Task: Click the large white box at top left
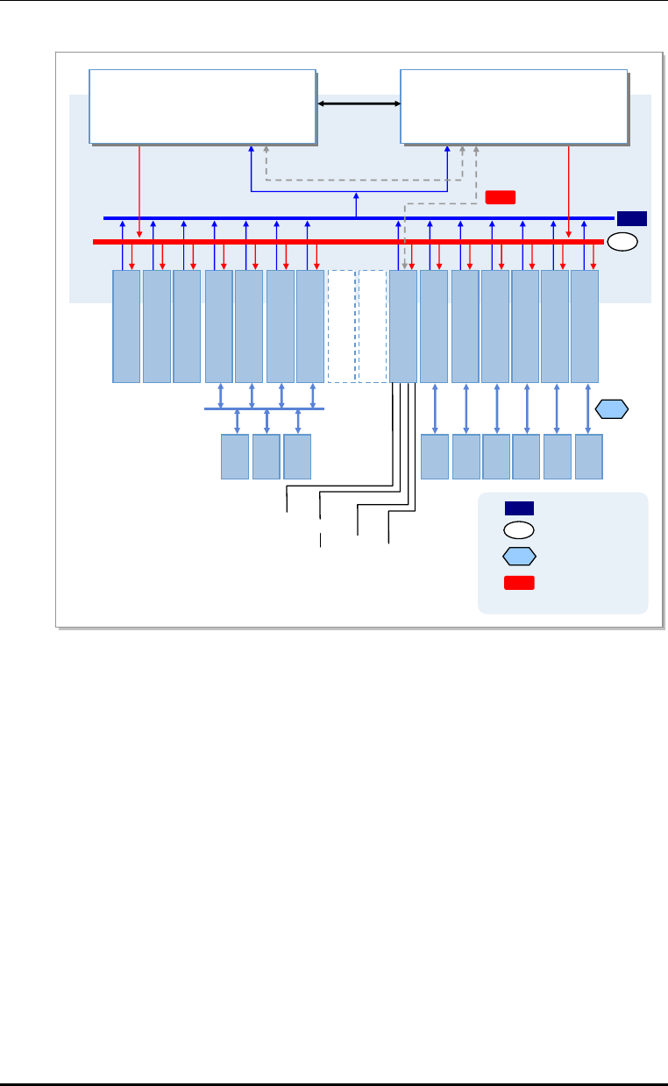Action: click(x=203, y=105)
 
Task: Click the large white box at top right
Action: click(x=514, y=105)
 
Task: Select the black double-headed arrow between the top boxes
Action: click(x=358, y=105)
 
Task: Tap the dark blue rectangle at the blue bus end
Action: click(x=631, y=218)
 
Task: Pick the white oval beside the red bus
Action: click(x=622, y=243)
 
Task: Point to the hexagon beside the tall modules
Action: click(x=612, y=408)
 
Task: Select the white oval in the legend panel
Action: click(x=518, y=529)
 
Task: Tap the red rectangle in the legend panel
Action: click(x=518, y=584)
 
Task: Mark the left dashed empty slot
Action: click(x=341, y=326)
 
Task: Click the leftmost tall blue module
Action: click(x=126, y=326)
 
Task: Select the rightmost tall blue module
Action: click(x=585, y=326)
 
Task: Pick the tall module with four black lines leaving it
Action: click(x=403, y=326)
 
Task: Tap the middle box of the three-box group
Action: click(x=266, y=456)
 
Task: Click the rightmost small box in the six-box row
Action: click(x=589, y=456)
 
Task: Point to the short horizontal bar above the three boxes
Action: click(x=264, y=408)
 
